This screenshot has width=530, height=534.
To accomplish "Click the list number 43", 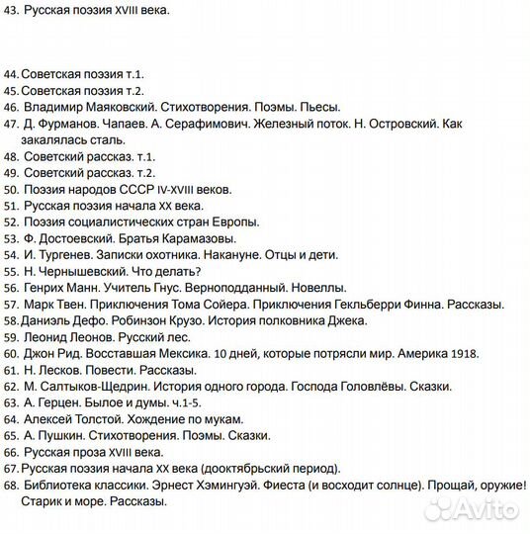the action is (12, 12).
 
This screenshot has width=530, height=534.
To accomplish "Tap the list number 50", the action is (12, 189).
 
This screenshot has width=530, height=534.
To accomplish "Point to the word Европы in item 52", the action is (238, 222).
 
